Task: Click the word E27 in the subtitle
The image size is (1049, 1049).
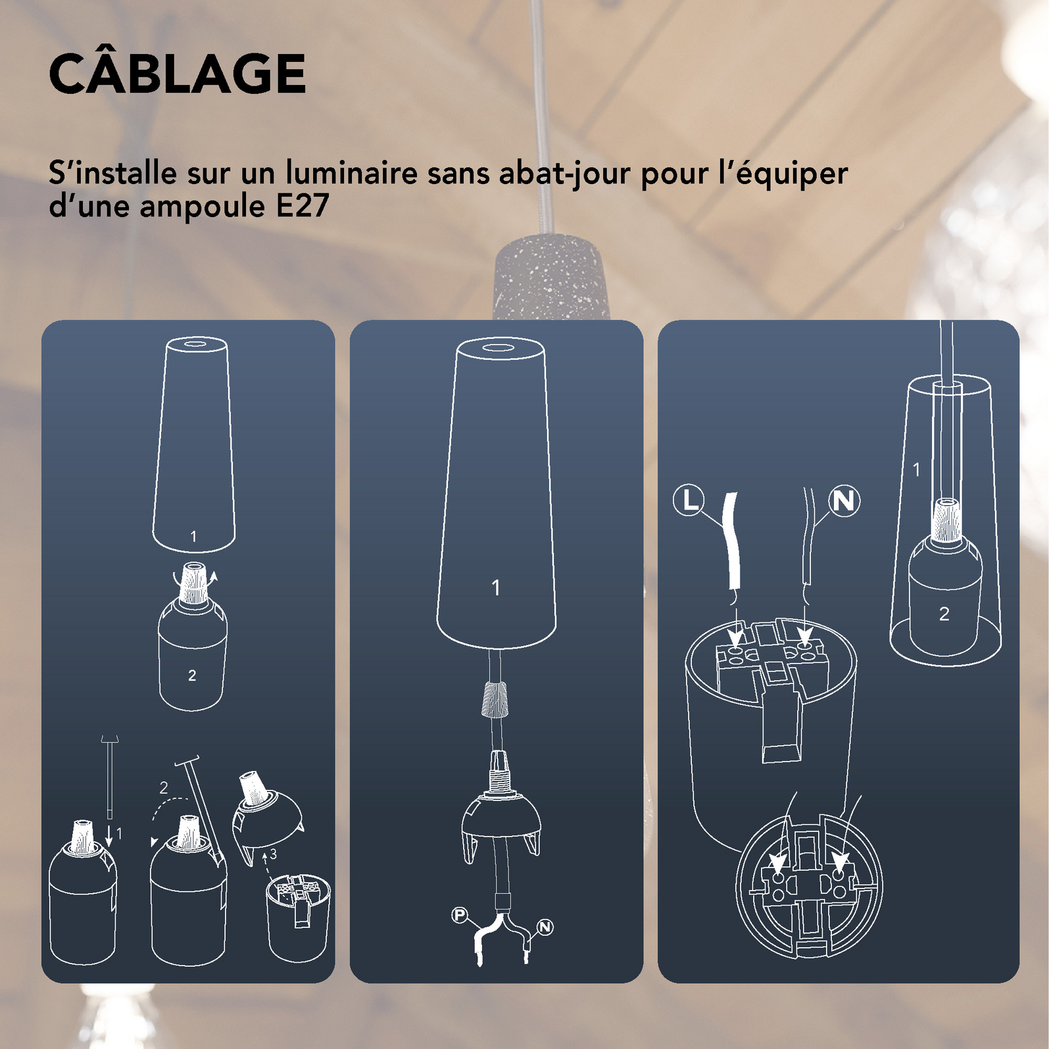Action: (x=302, y=207)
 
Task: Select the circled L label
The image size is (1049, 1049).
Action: (x=689, y=500)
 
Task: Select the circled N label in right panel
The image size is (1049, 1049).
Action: (x=844, y=501)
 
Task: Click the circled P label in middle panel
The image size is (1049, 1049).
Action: (x=460, y=915)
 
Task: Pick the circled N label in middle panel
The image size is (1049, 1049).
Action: (x=545, y=927)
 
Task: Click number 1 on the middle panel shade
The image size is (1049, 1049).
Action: (x=496, y=587)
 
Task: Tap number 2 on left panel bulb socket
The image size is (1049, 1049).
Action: (x=192, y=675)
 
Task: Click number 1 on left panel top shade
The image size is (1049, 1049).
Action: (x=193, y=537)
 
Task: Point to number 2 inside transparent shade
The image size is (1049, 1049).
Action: (x=944, y=614)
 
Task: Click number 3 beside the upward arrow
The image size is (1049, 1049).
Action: (x=273, y=854)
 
